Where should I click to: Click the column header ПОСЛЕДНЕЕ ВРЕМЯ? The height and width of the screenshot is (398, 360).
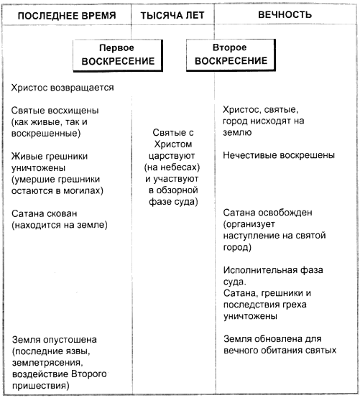67,16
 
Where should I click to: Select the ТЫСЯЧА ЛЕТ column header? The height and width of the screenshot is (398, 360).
172,16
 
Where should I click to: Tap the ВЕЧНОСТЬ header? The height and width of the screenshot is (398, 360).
285,14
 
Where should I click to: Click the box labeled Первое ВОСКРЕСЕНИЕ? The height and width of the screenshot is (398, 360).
118,55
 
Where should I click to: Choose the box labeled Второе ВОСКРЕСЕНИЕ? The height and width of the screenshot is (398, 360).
231,55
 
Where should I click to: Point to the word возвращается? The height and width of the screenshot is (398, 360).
82,88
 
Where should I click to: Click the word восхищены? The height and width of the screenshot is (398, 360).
73,111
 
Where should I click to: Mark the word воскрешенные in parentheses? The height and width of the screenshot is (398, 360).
45,133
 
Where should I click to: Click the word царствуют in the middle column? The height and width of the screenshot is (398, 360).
172,156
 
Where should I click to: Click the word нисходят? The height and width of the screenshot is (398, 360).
271,121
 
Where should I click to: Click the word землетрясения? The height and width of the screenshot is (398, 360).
47,363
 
